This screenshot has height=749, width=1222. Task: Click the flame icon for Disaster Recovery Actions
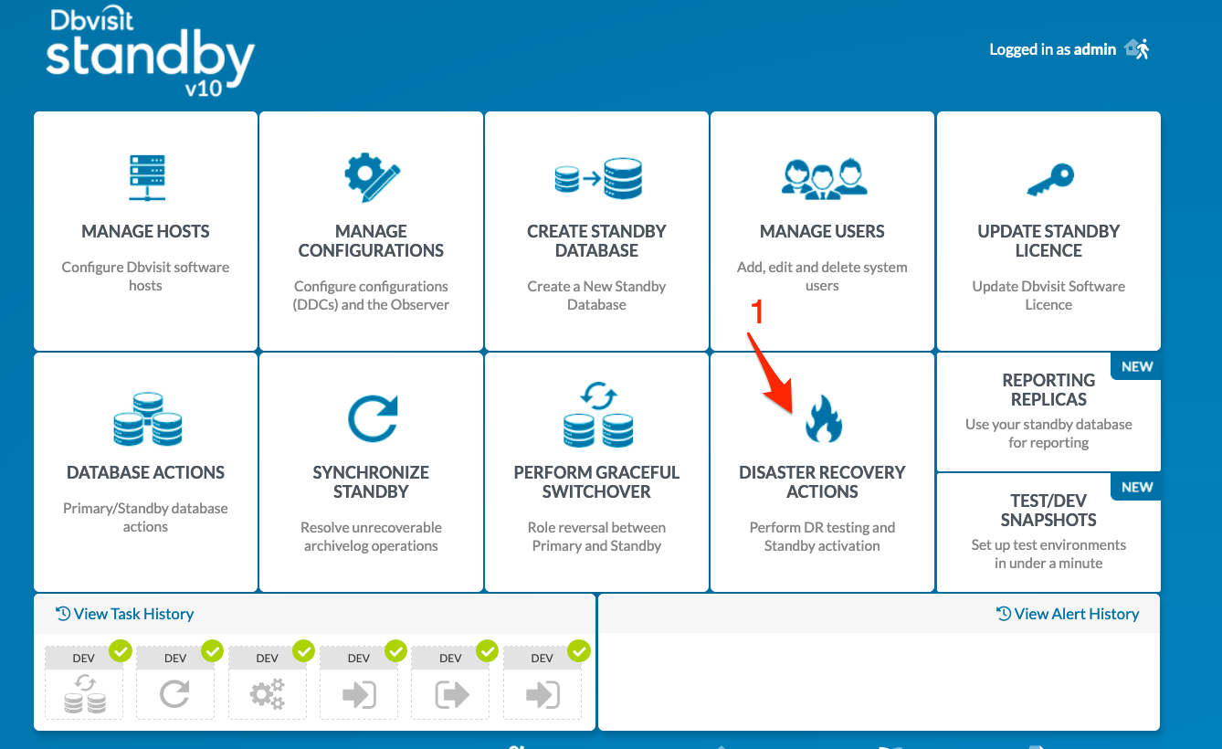[x=823, y=418]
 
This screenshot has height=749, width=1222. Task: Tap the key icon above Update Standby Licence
[x=1050, y=179]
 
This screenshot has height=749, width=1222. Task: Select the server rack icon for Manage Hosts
[x=147, y=178]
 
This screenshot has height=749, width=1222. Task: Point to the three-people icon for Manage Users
[x=824, y=178]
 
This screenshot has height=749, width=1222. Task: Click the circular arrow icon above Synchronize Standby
[x=373, y=418]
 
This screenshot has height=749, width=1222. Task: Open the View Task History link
[x=125, y=614]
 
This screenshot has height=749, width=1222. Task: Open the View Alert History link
[x=1068, y=614]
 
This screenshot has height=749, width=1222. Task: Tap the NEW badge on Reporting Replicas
[x=1137, y=366]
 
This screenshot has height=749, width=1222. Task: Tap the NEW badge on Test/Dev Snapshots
[x=1137, y=487]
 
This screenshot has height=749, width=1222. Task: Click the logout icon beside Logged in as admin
[x=1137, y=49]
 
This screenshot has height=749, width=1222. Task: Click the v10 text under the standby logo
[x=204, y=89]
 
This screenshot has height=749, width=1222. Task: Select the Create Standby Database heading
[x=596, y=240]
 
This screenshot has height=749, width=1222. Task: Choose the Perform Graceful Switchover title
[x=596, y=481]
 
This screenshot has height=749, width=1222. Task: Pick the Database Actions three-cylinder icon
[x=147, y=418]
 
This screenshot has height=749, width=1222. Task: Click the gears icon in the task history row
[x=268, y=694]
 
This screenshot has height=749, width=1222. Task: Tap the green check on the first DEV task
[x=121, y=650]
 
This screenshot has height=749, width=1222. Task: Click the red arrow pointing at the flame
[x=770, y=374]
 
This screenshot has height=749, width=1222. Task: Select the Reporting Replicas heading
[x=1048, y=389]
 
